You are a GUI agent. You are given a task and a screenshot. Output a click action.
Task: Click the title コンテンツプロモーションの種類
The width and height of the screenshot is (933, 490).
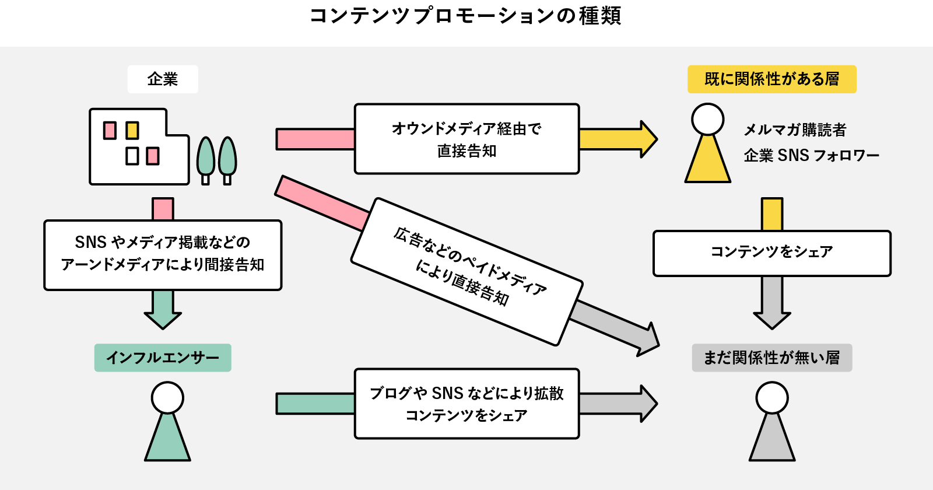point(465,16)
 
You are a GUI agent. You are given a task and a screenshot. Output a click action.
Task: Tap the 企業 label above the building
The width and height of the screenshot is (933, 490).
point(163,79)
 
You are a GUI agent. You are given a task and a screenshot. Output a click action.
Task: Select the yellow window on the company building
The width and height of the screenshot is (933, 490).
point(132,130)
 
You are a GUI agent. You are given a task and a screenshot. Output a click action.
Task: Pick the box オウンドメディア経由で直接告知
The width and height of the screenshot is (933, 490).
point(466,139)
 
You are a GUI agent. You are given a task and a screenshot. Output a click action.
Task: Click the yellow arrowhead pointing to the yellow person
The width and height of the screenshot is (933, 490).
point(648,139)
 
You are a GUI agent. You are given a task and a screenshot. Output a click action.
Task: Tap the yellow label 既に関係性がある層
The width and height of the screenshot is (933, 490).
point(771,79)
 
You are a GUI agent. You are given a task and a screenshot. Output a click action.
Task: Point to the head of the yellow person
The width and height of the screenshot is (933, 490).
point(707,120)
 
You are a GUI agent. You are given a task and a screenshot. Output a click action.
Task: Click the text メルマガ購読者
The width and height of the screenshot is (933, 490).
point(795,129)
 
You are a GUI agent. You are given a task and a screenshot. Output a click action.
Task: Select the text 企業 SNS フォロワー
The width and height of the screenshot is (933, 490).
point(811,156)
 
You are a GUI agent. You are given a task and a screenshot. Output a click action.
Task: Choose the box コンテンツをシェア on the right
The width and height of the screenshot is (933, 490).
point(771,253)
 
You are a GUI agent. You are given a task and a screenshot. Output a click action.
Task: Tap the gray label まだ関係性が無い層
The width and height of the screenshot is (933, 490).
point(771,358)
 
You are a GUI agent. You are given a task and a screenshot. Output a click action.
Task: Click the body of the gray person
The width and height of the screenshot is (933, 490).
point(771,442)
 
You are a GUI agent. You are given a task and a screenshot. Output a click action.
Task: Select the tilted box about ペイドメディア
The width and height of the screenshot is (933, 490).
point(466,271)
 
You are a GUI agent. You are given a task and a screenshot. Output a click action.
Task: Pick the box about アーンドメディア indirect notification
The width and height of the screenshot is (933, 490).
point(163,255)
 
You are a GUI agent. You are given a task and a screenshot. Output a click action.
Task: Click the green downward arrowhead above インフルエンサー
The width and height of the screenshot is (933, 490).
point(163,320)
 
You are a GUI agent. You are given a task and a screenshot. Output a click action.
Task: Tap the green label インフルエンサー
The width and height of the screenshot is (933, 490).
point(163,358)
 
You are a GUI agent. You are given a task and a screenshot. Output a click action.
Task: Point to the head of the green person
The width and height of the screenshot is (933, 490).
point(167,398)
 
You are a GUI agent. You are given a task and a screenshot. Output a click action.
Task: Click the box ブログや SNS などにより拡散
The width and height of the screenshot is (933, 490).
point(466,404)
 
